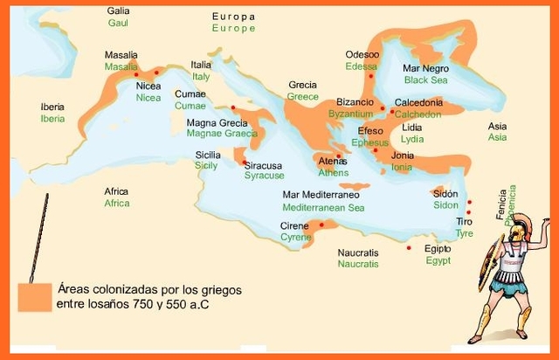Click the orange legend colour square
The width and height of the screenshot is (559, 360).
click(33, 296)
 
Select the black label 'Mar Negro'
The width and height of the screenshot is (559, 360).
click(425, 67)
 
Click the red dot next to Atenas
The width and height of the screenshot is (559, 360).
click(338, 156)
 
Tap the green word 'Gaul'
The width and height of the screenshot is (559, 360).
click(118, 23)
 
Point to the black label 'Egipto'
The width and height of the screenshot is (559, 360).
click(438, 248)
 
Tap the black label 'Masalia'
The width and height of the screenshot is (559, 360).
click(121, 54)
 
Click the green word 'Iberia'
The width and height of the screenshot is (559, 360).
click(52, 119)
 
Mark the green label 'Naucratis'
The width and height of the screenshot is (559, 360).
click(358, 263)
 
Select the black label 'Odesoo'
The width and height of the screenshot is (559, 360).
click(362, 54)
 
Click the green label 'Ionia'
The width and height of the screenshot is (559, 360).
click(402, 167)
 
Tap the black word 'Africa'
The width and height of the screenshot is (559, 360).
click(116, 191)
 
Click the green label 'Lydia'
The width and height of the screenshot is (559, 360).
click(411, 139)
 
